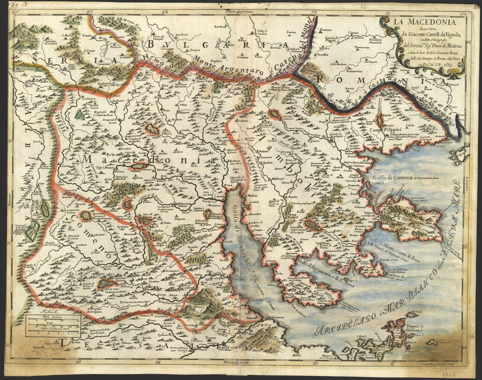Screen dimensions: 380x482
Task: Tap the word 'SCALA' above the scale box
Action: [39, 312]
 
